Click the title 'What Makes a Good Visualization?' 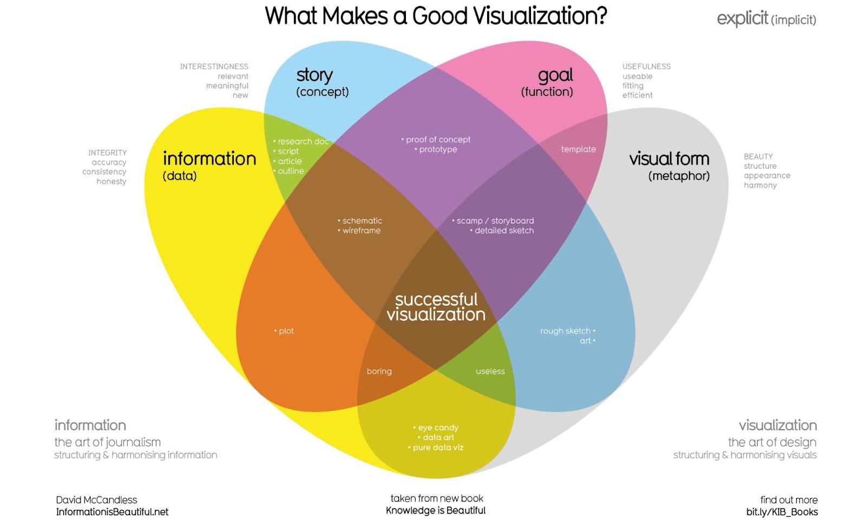[436, 16]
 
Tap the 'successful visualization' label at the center [436, 307]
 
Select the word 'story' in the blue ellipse [314, 75]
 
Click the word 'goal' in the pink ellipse [555, 75]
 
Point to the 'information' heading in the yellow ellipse [209, 159]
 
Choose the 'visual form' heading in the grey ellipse [669, 159]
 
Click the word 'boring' [379, 371]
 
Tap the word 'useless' [490, 371]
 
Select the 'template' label [578, 149]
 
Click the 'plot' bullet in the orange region [286, 331]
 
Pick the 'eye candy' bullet [438, 428]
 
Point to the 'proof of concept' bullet [438, 140]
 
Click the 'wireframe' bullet [361, 231]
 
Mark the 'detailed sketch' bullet [504, 231]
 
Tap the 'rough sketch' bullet [566, 331]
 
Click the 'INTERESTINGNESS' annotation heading [214, 67]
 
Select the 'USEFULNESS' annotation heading [646, 67]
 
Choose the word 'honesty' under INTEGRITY [111, 182]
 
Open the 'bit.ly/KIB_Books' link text [782, 512]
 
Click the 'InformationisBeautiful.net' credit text [113, 512]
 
